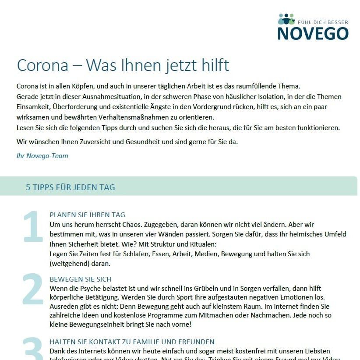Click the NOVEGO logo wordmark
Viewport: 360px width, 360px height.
coord(313,33)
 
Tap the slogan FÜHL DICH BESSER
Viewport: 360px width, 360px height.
coord(323,21)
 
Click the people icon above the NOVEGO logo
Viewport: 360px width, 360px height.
coord(286,19)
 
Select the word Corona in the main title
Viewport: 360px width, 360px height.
coord(42,65)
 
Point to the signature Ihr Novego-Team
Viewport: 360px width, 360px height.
coord(42,155)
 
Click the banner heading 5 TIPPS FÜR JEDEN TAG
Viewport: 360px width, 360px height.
coord(71,187)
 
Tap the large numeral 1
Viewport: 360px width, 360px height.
coord(33,227)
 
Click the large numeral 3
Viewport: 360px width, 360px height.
coord(33,350)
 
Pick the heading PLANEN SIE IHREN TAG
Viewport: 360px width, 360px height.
coord(88,215)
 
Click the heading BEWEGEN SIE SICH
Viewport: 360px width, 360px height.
coord(81,279)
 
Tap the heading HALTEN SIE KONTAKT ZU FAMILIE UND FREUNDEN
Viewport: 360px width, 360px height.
coord(132,342)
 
